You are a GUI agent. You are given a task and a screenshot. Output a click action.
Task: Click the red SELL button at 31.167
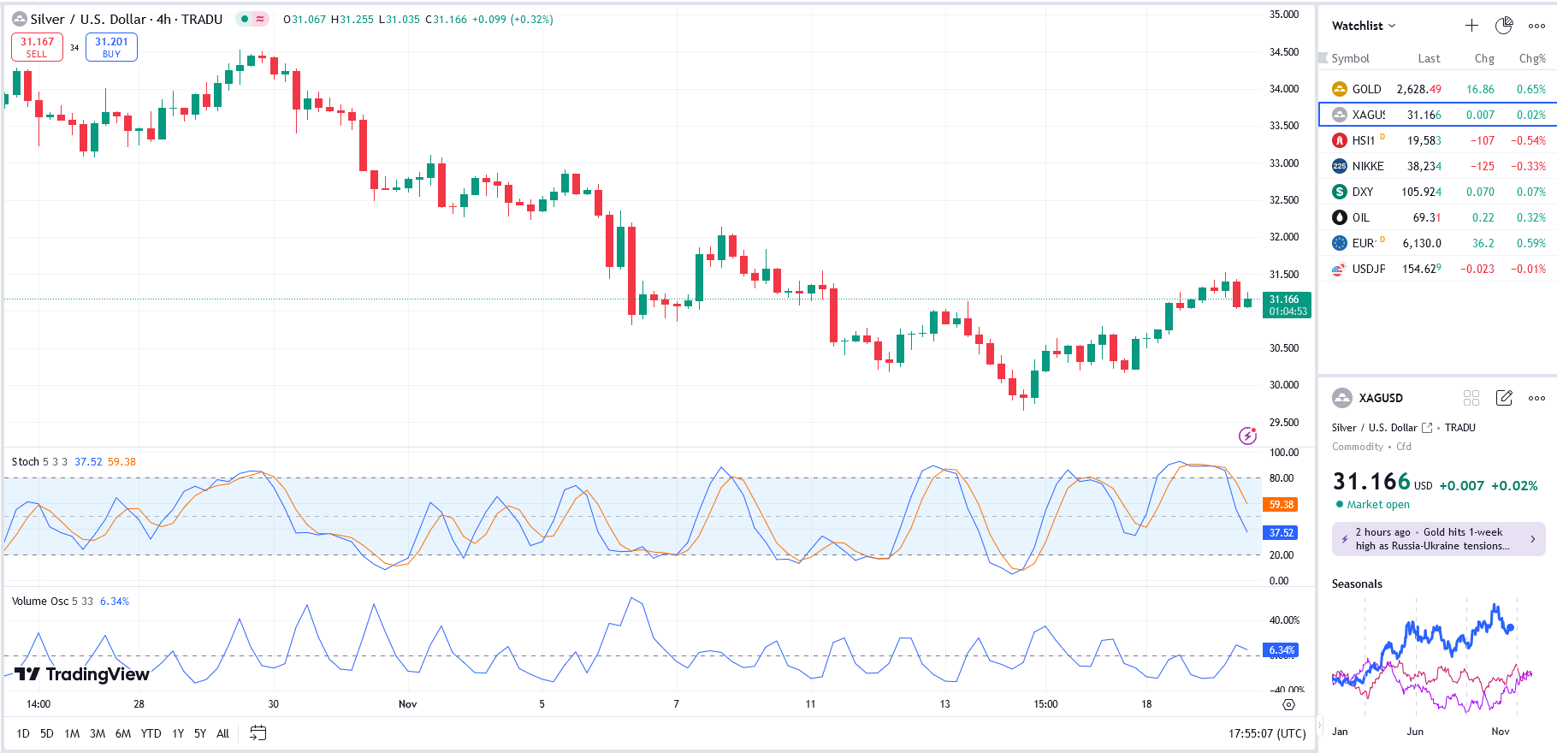tap(37, 47)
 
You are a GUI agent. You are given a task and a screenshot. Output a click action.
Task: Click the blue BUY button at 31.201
tap(111, 47)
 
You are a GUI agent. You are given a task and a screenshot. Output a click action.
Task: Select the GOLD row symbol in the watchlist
tap(1366, 89)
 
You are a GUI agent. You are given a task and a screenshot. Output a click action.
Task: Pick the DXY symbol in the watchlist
tap(1362, 192)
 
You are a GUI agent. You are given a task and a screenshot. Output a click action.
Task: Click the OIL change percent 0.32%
tap(1530, 217)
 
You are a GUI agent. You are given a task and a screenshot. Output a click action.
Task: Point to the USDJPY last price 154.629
tap(1421, 269)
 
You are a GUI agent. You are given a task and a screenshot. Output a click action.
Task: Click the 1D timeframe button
tap(23, 733)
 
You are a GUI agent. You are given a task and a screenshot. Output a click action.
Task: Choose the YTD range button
tap(151, 733)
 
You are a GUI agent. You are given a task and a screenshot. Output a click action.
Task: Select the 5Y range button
tap(200, 733)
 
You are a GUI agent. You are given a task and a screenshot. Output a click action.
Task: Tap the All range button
tap(222, 733)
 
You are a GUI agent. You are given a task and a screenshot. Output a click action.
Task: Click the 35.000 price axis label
tap(1283, 15)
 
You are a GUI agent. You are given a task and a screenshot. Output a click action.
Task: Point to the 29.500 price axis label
tap(1283, 423)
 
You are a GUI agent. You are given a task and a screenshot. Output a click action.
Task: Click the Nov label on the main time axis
tap(407, 704)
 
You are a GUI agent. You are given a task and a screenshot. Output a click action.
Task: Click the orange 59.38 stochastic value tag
tap(1281, 505)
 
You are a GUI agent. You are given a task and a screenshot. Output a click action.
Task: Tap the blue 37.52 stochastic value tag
tap(1281, 532)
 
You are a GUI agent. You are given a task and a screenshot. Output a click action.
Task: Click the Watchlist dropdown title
tap(1363, 26)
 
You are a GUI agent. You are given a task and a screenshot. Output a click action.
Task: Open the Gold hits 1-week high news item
tap(1438, 539)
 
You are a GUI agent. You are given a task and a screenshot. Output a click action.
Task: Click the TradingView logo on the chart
tap(82, 674)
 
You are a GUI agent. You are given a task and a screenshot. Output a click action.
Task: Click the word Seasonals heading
tap(1357, 584)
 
